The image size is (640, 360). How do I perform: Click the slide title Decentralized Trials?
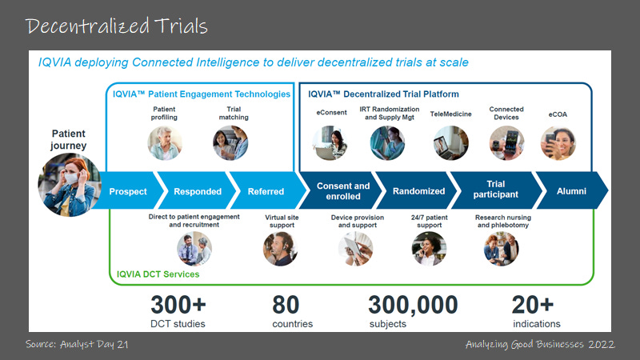tap(117, 26)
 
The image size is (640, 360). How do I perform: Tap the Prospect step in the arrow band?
tap(128, 191)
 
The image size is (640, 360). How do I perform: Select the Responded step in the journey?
tap(197, 191)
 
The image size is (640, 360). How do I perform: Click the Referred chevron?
tap(266, 191)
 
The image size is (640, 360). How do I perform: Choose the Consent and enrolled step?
tap(343, 191)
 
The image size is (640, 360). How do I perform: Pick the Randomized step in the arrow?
tap(418, 191)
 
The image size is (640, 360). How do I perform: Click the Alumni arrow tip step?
tap(572, 191)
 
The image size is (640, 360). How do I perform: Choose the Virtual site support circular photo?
tap(279, 249)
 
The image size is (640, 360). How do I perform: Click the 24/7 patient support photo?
tap(429, 249)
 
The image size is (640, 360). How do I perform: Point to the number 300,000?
tap(413, 305)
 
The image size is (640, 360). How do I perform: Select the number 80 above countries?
tap(286, 305)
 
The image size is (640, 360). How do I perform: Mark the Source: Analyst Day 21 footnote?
tap(78, 344)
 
